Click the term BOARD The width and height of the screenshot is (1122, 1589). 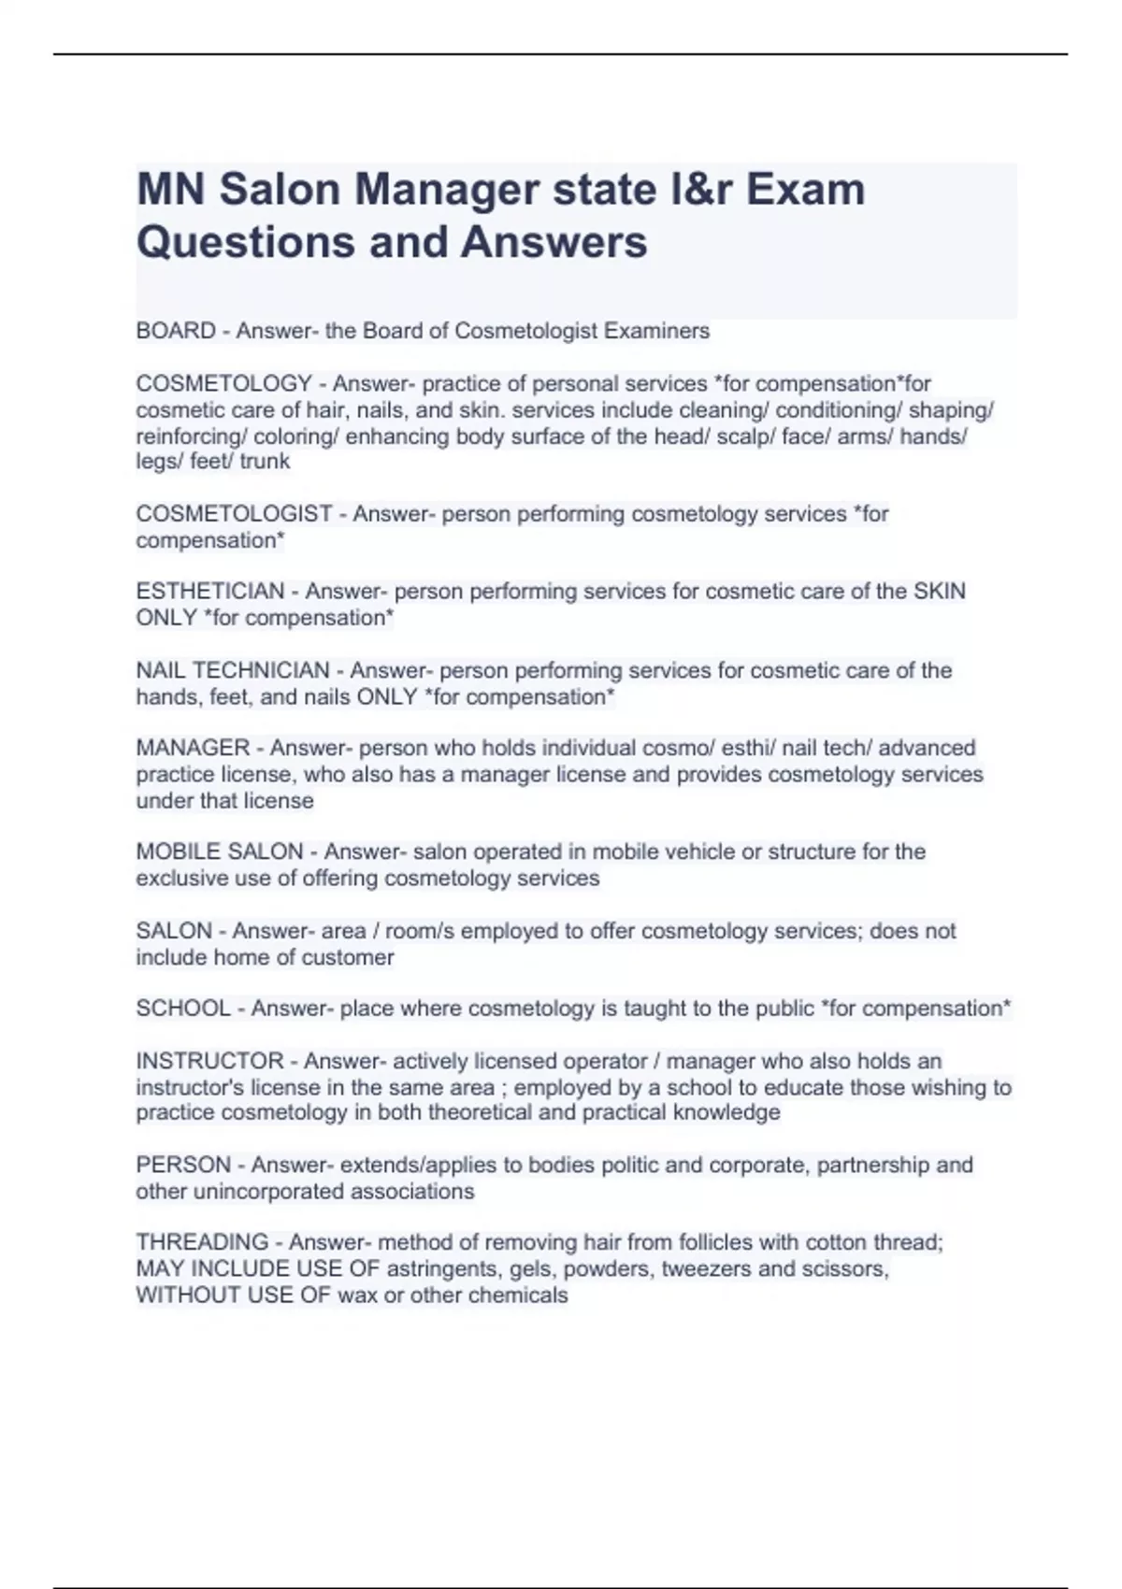(176, 331)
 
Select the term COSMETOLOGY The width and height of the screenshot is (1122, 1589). (223, 384)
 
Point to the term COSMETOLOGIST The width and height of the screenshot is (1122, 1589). (234, 514)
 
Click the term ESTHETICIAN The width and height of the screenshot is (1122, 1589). (209, 592)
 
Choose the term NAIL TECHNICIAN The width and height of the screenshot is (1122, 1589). (232, 670)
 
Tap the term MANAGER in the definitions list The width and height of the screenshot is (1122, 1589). (193, 748)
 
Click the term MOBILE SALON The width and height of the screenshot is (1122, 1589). (219, 852)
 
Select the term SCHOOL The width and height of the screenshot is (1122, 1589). (182, 1009)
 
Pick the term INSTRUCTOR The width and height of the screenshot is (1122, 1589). (209, 1061)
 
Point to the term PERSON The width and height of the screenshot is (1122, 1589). (182, 1165)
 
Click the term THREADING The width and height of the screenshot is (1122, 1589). (202, 1242)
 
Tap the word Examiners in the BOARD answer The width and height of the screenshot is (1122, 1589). (656, 331)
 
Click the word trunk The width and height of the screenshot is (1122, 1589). (265, 462)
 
